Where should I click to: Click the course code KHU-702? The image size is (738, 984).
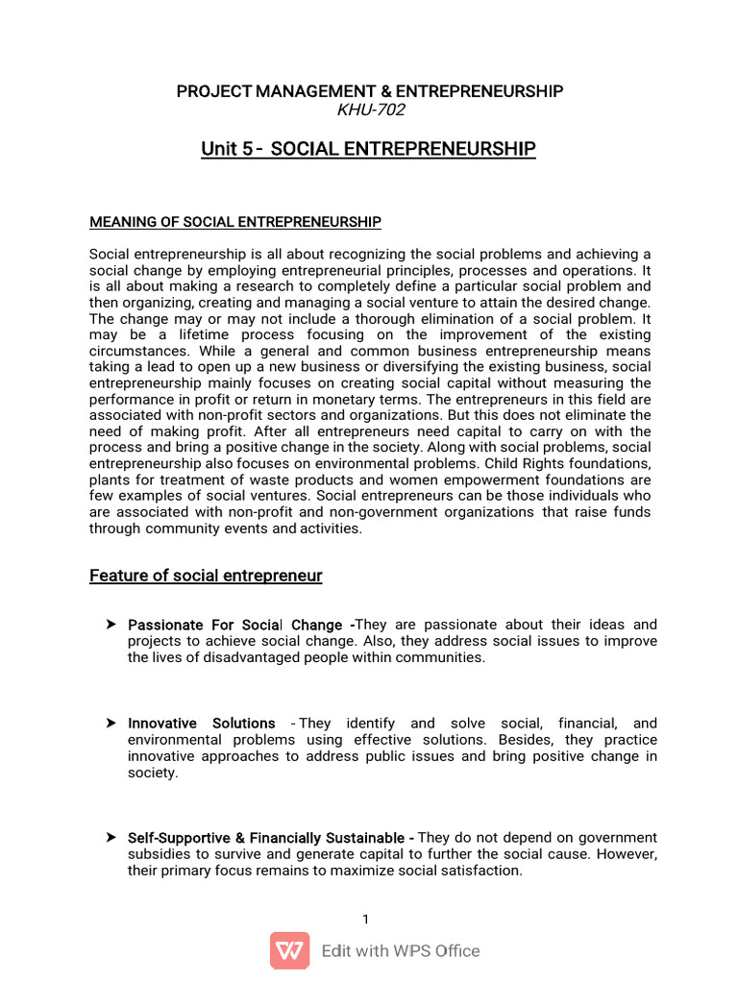370,110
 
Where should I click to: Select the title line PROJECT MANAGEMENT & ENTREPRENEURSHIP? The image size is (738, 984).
369,91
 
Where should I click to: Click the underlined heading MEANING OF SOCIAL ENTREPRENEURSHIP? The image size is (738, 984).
235,222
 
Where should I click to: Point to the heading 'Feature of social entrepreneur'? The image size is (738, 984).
206,576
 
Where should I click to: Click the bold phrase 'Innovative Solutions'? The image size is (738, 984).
201,724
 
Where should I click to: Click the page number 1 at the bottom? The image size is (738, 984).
366,920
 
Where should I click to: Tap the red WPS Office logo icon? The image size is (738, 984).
289,950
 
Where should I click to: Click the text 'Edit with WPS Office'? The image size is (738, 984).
401,951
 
